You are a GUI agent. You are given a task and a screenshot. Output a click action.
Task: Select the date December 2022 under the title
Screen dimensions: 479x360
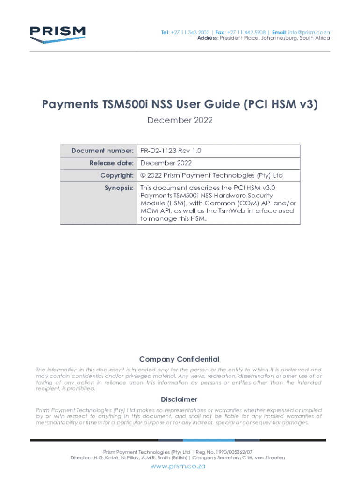click(x=180, y=120)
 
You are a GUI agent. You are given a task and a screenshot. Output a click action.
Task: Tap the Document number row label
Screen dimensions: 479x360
click(x=102, y=151)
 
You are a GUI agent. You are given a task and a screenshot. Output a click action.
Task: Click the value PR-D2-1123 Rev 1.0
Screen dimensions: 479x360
click(x=171, y=151)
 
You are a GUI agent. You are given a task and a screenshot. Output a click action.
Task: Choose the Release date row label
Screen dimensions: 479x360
click(x=112, y=163)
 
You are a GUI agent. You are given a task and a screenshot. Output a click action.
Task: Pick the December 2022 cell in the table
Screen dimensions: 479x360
click(x=166, y=163)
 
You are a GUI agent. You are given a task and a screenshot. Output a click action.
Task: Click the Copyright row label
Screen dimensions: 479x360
click(x=117, y=175)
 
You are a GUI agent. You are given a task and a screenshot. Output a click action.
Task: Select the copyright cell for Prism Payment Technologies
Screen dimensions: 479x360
click(x=212, y=175)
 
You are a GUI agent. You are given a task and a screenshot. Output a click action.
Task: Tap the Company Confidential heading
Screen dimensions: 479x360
click(x=179, y=359)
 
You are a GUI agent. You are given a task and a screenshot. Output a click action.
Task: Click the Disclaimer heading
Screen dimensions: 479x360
click(x=179, y=399)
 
